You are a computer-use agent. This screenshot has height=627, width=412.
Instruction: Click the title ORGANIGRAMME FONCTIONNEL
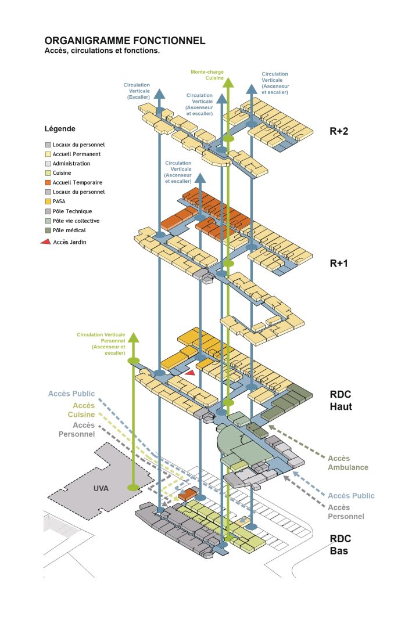124,41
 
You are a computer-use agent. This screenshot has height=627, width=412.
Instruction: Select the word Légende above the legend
60,128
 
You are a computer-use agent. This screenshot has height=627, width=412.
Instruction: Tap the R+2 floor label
339,131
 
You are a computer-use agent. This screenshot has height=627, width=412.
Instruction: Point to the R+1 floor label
339,263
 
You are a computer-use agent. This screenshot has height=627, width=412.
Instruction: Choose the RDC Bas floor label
340,544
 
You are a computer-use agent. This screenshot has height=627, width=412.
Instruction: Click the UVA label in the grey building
101,488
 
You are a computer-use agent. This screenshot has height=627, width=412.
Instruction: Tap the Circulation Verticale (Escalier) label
137,91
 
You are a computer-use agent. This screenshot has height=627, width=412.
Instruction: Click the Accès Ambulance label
348,463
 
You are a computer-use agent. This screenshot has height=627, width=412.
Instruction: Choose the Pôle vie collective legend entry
76,221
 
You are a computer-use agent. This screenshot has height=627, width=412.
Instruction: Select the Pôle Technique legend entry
72,211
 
